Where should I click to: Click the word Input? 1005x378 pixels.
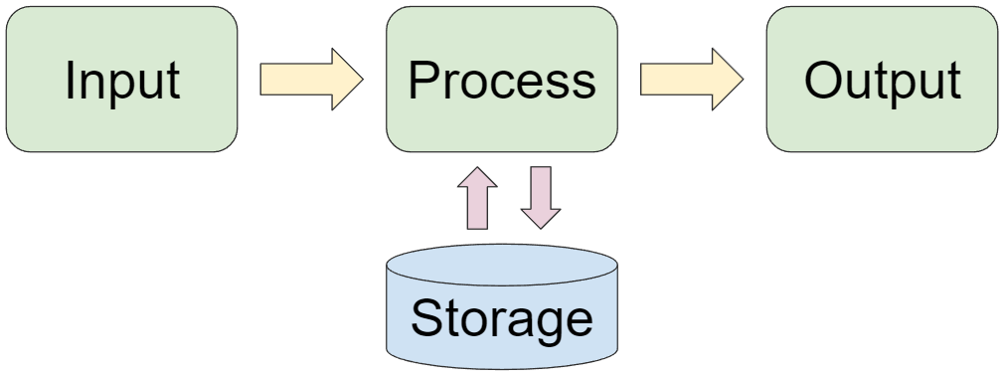coord(122,81)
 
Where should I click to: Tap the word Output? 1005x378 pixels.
coord(883,81)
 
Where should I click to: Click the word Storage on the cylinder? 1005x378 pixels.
coord(502,318)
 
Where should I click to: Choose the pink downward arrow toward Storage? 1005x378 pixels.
coord(541,197)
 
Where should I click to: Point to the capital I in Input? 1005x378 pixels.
coord(71,81)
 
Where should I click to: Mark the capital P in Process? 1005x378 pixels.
coord(423,81)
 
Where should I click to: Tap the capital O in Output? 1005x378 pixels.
coord(825,81)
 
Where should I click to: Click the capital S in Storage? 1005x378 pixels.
coord(426,318)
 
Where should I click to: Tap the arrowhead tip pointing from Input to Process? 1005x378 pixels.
coord(362,80)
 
